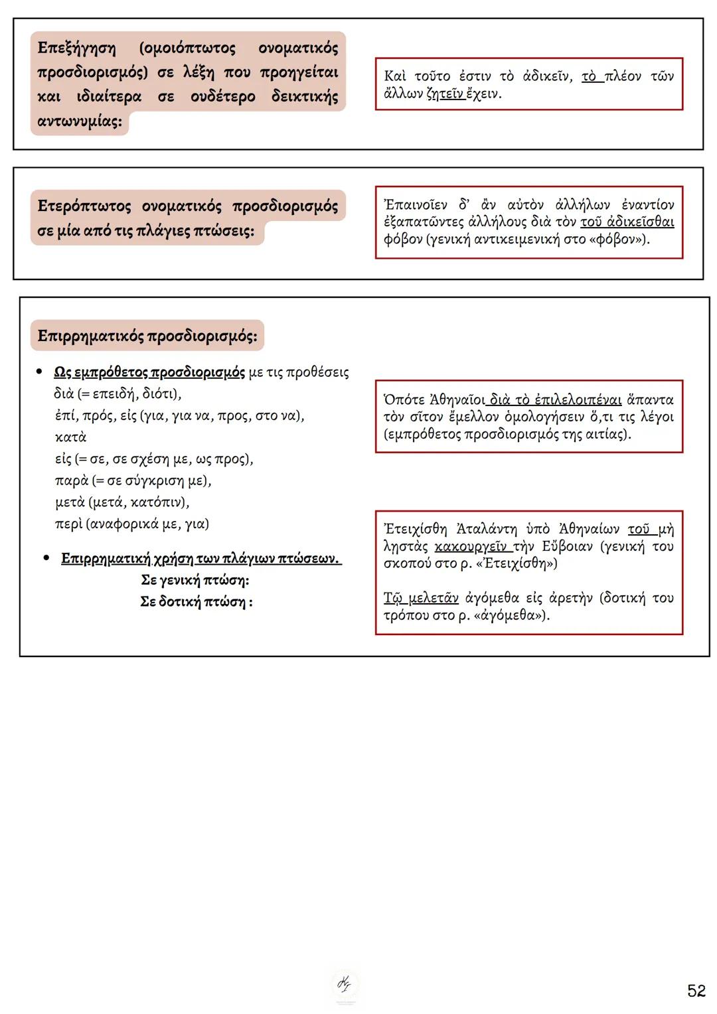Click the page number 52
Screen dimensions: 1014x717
tap(696, 991)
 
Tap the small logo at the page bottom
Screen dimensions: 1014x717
tap(345, 985)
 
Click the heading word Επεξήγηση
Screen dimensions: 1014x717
tap(76, 48)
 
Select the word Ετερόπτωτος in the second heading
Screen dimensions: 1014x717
tap(84, 206)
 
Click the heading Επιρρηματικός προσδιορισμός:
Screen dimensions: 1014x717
tap(147, 336)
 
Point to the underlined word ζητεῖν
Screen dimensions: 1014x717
tap(445, 94)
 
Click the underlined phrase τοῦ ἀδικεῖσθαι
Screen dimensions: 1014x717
tap(627, 222)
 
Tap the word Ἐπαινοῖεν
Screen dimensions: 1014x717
tap(416, 204)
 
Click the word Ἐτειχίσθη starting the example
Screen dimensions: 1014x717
tap(416, 529)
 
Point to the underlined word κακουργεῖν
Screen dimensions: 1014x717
tap(471, 546)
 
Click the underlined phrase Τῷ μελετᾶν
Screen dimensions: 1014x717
tap(421, 598)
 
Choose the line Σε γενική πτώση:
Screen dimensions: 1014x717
tap(195, 580)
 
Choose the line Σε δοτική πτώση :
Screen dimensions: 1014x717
tap(196, 602)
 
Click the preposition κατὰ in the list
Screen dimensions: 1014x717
tap(70, 437)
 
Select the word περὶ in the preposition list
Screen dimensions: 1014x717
tap(68, 524)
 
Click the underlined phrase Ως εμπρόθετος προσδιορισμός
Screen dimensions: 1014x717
tap(149, 372)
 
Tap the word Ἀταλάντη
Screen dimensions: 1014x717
tap(487, 529)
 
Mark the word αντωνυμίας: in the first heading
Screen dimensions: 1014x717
tap(80, 121)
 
